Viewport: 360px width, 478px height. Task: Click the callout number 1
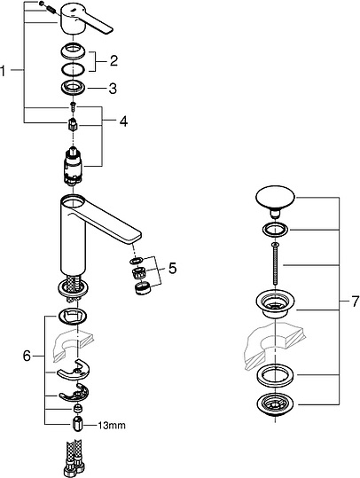pos(3,71)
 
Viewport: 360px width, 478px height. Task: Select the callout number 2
pos(113,60)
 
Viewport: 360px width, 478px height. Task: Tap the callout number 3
pos(113,89)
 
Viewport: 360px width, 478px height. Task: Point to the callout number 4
pos(123,121)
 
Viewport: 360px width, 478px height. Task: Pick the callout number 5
pos(173,268)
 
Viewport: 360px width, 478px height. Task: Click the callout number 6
pos(27,356)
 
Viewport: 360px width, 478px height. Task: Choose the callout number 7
pos(355,302)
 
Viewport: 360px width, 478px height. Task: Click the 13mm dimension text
pos(112,426)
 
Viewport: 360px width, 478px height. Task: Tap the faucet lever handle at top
pos(87,20)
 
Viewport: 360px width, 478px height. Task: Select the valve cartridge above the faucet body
pos(73,166)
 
